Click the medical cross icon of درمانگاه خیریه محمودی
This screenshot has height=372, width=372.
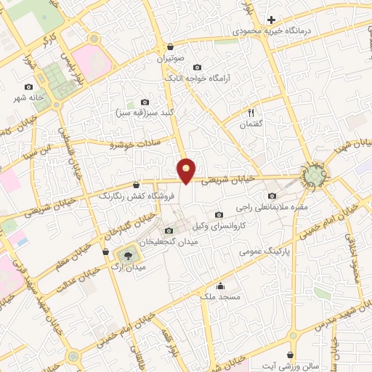(271, 20)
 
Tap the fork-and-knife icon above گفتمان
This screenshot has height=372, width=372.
(251, 113)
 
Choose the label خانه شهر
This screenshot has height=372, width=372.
(28, 97)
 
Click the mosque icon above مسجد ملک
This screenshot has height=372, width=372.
(220, 285)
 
